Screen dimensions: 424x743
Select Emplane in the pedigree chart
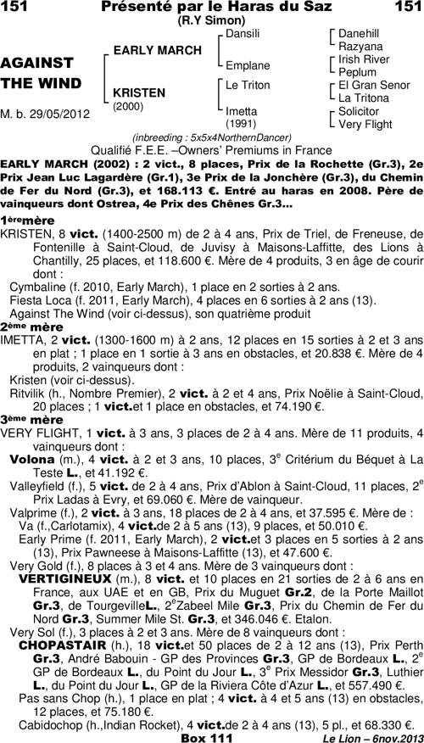point(247,65)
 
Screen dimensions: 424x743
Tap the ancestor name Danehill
point(359,33)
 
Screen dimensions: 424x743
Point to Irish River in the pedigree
point(364,59)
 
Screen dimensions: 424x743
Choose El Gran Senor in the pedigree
point(374,86)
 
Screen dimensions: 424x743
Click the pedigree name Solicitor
point(359,111)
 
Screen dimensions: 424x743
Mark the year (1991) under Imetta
point(241,123)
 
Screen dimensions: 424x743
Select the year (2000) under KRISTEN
point(128,107)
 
